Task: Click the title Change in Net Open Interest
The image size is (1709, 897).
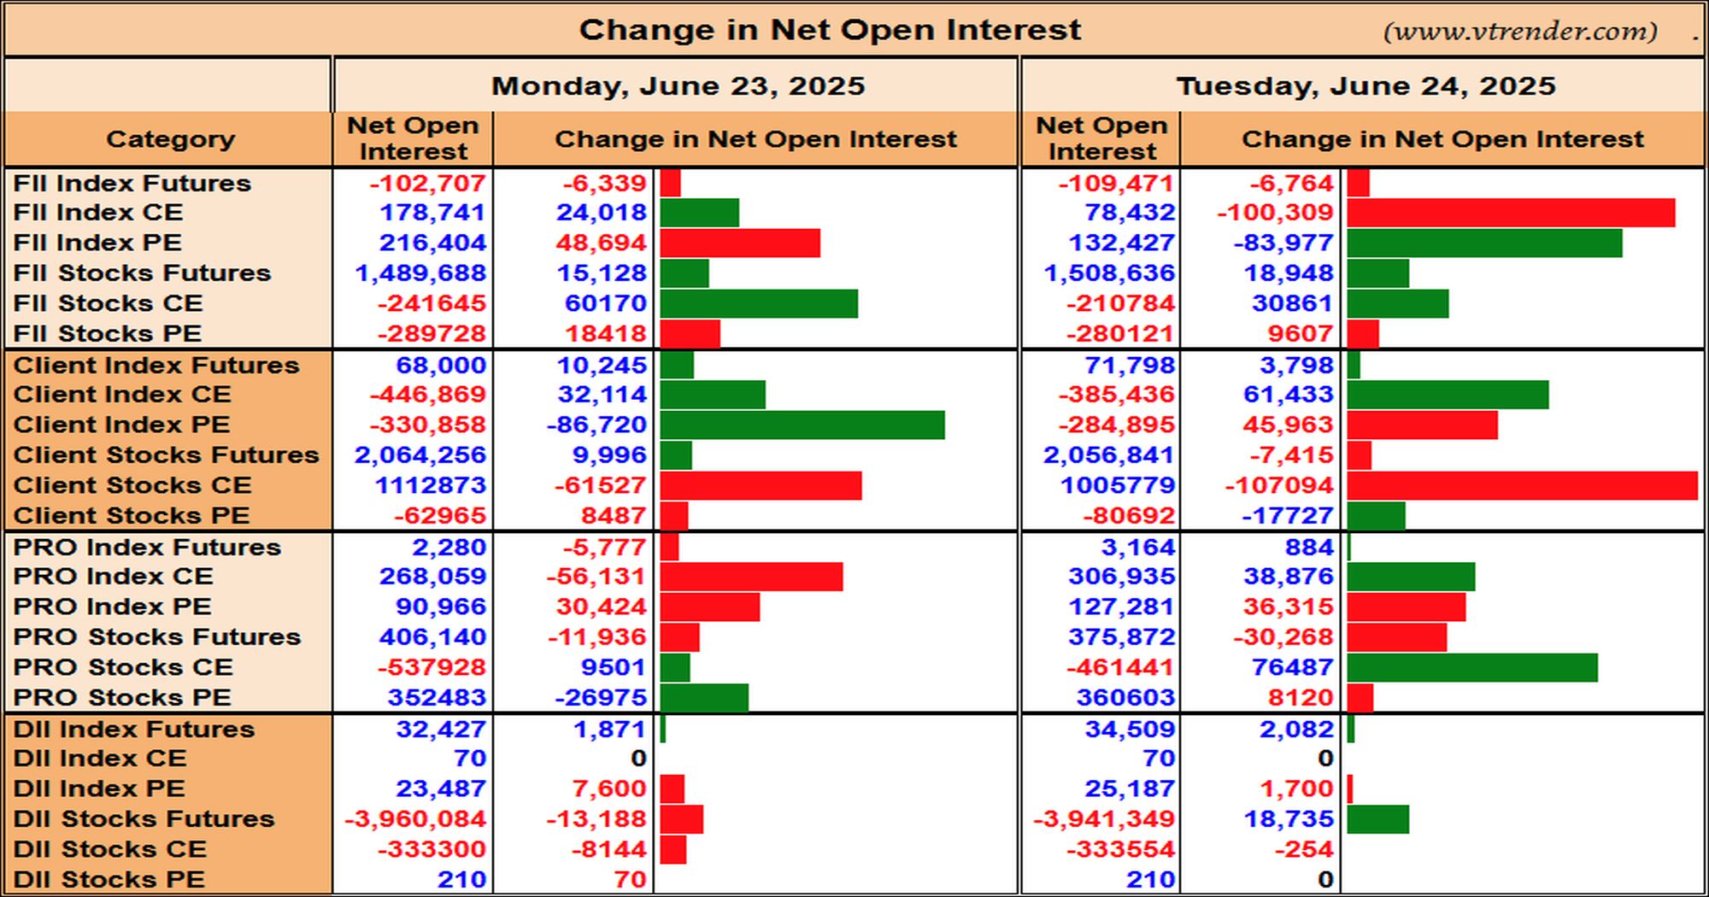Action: pyautogui.click(x=830, y=30)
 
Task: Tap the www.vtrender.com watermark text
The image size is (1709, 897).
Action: pyautogui.click(x=1520, y=32)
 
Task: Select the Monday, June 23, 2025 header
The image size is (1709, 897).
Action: pyautogui.click(x=678, y=86)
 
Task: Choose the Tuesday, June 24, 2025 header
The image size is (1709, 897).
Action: pyautogui.click(x=1365, y=86)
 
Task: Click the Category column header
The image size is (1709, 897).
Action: pyautogui.click(x=170, y=139)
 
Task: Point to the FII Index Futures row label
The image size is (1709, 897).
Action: pyautogui.click(x=132, y=183)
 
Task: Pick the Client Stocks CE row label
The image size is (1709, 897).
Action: pyautogui.click(x=132, y=485)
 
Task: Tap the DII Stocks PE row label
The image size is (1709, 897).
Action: pyautogui.click(x=109, y=879)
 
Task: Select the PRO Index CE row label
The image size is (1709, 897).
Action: pyautogui.click(x=114, y=576)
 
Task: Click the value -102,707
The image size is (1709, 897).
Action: pyautogui.click(x=427, y=183)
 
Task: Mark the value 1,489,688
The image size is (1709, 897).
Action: pyautogui.click(x=420, y=273)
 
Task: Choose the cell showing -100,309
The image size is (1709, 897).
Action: pyautogui.click(x=1275, y=213)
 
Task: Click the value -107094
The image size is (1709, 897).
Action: pyautogui.click(x=1279, y=485)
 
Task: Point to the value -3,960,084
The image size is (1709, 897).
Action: pyautogui.click(x=415, y=818)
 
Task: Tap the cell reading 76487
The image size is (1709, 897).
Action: pyautogui.click(x=1293, y=667)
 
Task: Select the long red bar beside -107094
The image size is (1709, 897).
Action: pyautogui.click(x=1522, y=485)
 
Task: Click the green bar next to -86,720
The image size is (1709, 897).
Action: pyautogui.click(x=802, y=425)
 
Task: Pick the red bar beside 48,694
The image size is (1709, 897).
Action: pyautogui.click(x=740, y=243)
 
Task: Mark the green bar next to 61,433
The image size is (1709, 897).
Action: pyautogui.click(x=1448, y=395)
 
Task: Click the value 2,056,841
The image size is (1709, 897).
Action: pyautogui.click(x=1109, y=455)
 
